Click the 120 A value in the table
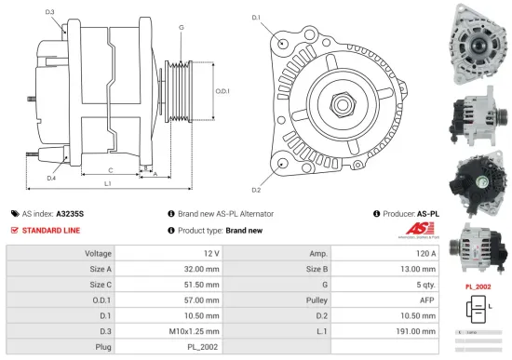(x=425, y=253)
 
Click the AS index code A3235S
(x=70, y=213)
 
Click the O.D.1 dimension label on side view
(x=222, y=91)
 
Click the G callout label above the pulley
(x=181, y=28)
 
